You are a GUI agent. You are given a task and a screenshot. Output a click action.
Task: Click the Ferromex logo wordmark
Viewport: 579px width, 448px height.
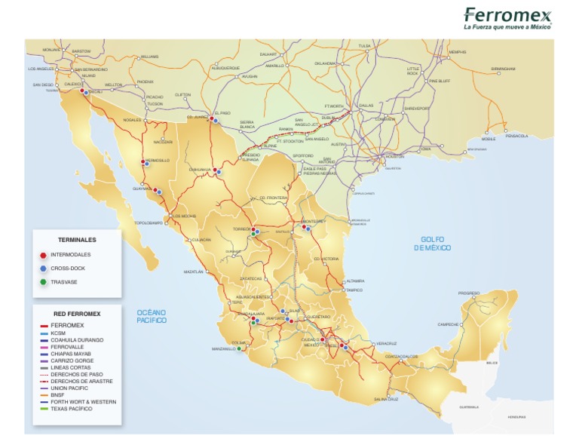(x=507, y=15)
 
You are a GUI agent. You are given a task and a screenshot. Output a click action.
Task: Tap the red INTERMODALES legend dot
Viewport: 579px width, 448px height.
(x=43, y=255)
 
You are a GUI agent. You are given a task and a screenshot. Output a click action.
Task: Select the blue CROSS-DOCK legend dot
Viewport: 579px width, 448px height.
(x=43, y=268)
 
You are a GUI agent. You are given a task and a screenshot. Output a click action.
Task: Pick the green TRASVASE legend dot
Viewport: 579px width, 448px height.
(x=43, y=282)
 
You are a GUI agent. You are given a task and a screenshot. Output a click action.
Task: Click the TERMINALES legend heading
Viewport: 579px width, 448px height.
(x=77, y=239)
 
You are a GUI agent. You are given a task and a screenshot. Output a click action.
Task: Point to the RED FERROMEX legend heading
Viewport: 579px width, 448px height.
(x=77, y=312)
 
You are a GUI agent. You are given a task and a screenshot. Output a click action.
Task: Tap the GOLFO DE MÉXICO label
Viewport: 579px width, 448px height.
(x=436, y=243)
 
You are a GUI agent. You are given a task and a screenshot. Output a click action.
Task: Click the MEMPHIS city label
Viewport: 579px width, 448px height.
(x=458, y=52)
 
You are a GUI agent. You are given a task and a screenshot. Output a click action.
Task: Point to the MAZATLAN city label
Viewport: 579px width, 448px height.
(x=193, y=272)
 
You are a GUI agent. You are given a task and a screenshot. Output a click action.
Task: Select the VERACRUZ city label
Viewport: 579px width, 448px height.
(x=386, y=343)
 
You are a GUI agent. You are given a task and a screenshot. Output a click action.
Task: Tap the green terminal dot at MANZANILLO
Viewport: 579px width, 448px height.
(x=239, y=348)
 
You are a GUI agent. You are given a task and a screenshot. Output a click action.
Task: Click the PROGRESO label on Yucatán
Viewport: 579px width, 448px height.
(x=469, y=293)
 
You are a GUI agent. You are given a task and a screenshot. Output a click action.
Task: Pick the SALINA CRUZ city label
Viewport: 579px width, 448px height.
(x=385, y=399)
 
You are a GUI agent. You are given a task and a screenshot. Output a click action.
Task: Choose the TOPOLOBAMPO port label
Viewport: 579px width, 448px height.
(x=149, y=222)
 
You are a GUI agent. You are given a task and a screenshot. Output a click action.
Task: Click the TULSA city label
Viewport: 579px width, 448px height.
(x=365, y=45)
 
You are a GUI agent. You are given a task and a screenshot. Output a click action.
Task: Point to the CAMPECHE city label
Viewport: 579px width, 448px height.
(x=449, y=324)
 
